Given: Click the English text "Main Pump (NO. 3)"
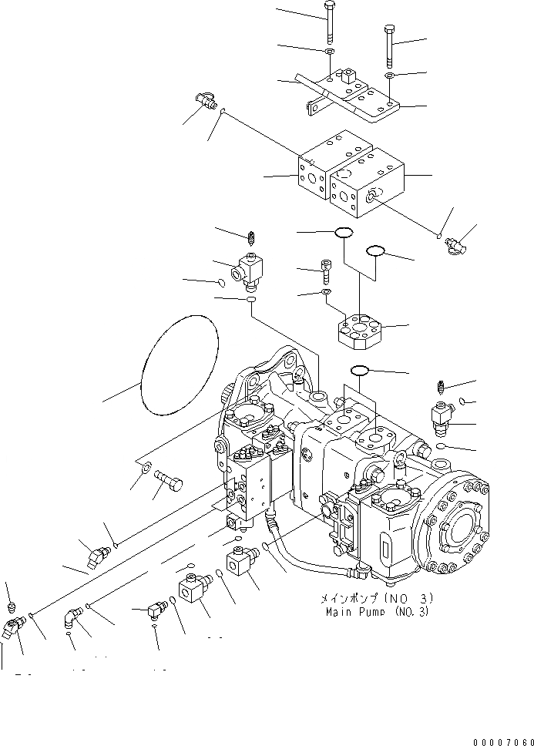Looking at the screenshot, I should pyautogui.click(x=375, y=612).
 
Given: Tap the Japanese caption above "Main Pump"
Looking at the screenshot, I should pyautogui.click(x=374, y=598).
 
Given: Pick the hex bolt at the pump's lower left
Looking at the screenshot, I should pyautogui.click(x=170, y=483).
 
